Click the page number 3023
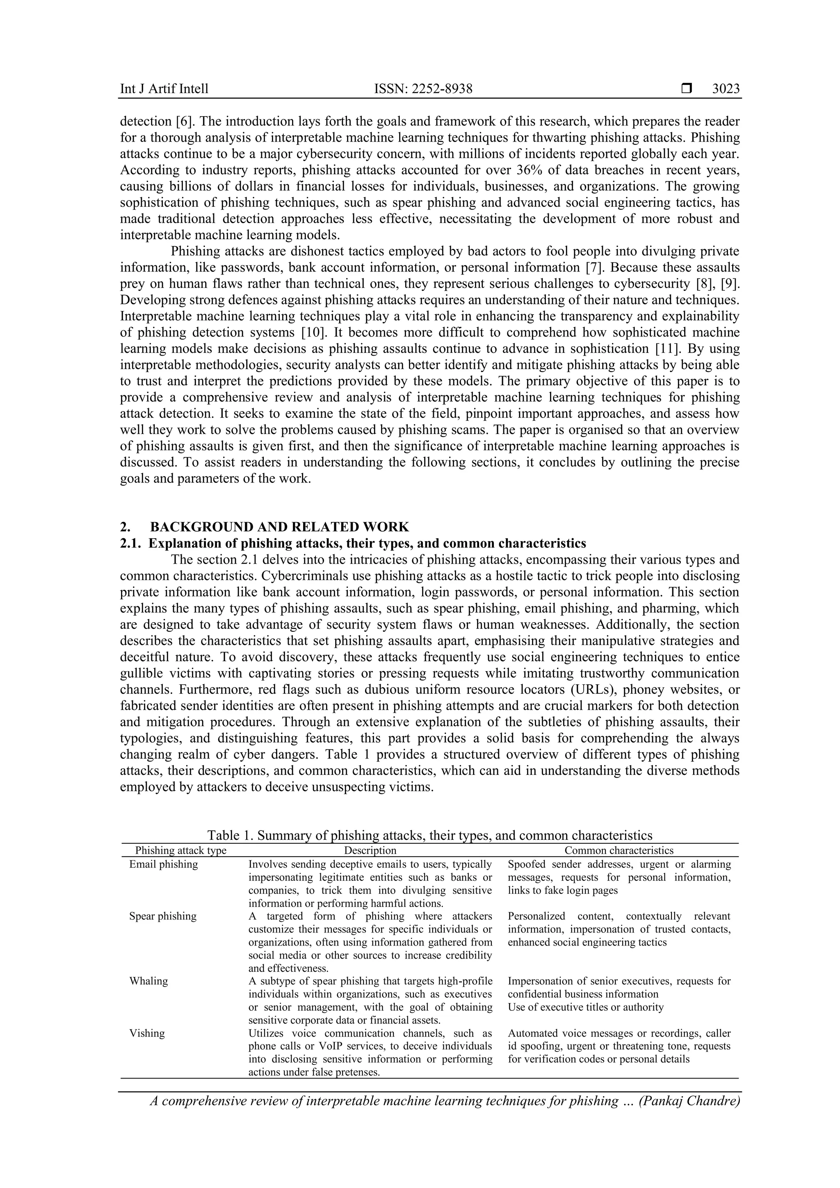click(x=726, y=89)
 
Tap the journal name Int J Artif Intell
click(x=164, y=89)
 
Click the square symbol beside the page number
click(x=686, y=89)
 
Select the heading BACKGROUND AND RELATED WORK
click(x=279, y=527)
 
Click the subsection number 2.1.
click(x=129, y=543)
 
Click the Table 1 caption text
click(x=429, y=835)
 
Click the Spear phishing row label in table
click(x=163, y=916)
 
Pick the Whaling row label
click(x=148, y=981)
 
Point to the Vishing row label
click(x=147, y=1033)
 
